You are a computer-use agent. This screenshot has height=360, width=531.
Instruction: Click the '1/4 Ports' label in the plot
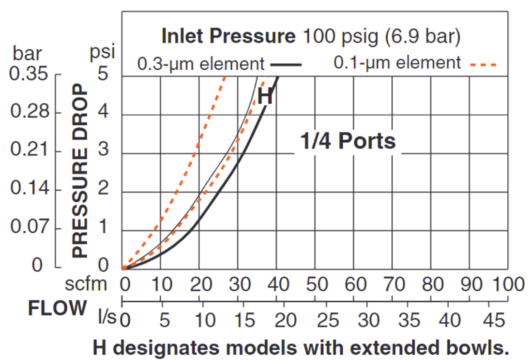click(348, 141)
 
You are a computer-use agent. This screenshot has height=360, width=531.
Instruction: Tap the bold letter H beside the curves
click(265, 97)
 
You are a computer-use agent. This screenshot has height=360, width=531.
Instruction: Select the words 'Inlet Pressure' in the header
click(228, 36)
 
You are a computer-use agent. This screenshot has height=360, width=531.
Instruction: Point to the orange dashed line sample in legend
click(484, 64)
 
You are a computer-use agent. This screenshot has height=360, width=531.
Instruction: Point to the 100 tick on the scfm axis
click(507, 285)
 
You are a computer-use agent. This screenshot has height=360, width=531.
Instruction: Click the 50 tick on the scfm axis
click(317, 285)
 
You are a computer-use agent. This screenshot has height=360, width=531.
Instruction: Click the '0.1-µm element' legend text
click(397, 63)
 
